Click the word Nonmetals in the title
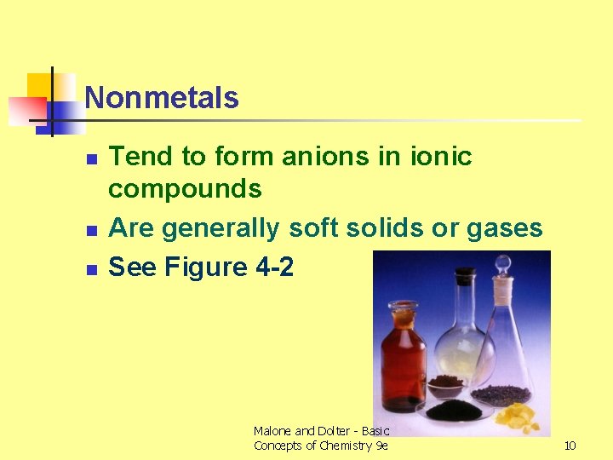(x=162, y=98)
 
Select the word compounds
(x=185, y=188)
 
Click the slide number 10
(x=570, y=445)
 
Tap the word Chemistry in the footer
(x=344, y=446)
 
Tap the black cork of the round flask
(x=464, y=276)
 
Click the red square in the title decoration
(x=26, y=109)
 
